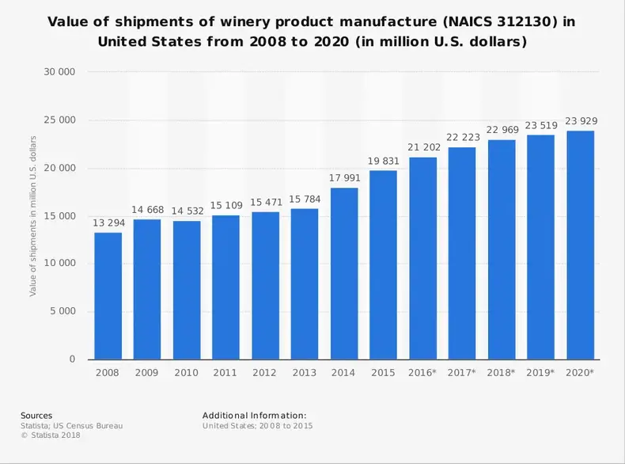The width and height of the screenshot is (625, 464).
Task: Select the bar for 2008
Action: click(x=108, y=295)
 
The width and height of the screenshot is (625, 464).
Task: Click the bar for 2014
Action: click(x=344, y=273)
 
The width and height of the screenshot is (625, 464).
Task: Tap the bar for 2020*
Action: click(x=580, y=245)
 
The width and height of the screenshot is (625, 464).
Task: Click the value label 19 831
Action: click(x=384, y=161)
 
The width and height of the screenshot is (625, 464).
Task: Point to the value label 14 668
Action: click(x=147, y=210)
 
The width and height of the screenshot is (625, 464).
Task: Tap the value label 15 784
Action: click(x=305, y=200)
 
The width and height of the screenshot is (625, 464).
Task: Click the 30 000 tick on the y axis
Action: click(x=60, y=72)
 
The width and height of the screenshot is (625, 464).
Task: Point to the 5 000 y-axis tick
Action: click(x=62, y=311)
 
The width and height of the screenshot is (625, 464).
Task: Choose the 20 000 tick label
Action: click(x=60, y=168)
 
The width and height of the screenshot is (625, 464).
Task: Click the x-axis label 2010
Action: click(x=187, y=372)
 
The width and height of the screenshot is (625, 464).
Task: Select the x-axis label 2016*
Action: click(x=423, y=372)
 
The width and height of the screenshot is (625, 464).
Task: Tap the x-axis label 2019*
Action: click(x=541, y=372)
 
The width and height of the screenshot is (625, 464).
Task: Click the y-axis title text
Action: click(x=33, y=216)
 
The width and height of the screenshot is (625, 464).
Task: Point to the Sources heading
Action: click(x=36, y=416)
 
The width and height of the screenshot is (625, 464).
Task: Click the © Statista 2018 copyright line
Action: click(x=51, y=435)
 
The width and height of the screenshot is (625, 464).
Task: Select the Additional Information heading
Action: click(x=254, y=416)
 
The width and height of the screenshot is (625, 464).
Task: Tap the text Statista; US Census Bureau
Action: click(x=71, y=425)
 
